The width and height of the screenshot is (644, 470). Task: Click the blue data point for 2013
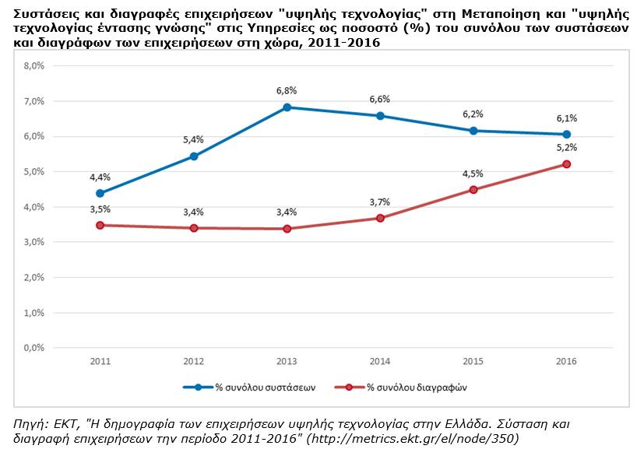287,107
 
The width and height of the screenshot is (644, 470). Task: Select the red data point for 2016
567,164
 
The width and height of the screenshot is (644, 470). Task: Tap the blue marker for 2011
100,193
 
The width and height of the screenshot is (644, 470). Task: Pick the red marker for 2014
380,218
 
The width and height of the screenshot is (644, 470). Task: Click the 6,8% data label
287,91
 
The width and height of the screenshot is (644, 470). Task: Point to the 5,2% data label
566,146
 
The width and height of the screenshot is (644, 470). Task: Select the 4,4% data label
100,177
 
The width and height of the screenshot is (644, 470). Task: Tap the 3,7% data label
379,202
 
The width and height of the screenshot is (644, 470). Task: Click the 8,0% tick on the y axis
34,66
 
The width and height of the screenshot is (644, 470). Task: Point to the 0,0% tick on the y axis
34,348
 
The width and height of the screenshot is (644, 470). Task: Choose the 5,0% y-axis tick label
34,171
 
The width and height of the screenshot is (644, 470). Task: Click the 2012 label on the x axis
193,362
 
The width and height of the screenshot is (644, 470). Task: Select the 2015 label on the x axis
473,362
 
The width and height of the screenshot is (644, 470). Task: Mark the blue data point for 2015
473,131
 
